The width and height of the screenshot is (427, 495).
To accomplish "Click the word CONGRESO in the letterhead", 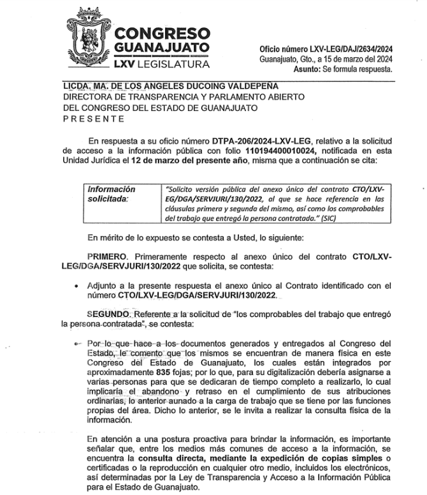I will pyautogui.click(x=163, y=34).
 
